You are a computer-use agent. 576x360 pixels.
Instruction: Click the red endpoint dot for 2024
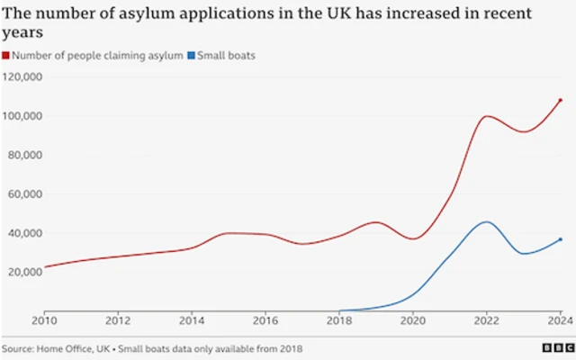point(560,100)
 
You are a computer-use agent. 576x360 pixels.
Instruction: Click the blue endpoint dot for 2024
point(560,239)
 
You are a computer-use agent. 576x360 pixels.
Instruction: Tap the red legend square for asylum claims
point(5,56)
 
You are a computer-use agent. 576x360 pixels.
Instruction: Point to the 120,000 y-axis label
point(22,77)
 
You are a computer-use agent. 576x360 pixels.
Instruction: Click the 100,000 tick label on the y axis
point(22,116)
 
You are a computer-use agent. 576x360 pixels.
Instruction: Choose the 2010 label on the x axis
point(43,319)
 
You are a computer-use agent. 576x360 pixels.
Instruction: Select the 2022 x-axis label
point(487,319)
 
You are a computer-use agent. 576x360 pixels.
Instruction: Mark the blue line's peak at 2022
point(486,221)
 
